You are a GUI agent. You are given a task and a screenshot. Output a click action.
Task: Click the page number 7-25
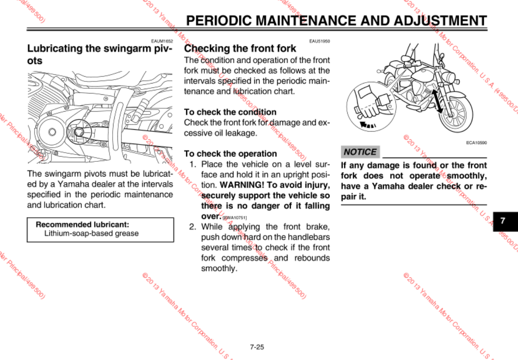click(257, 347)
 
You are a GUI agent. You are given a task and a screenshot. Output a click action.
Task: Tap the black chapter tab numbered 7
click(502, 221)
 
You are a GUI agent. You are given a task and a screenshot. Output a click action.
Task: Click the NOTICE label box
click(360, 152)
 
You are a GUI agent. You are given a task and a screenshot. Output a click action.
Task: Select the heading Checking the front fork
click(240, 48)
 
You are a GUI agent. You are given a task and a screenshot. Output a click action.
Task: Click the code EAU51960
click(320, 41)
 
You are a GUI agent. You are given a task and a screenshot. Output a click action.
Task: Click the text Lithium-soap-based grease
click(91, 234)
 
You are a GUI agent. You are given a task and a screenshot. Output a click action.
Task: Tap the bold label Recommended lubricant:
click(83, 225)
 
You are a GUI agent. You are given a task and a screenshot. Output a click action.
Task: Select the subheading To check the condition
click(230, 112)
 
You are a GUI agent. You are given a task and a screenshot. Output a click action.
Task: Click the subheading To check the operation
click(230, 154)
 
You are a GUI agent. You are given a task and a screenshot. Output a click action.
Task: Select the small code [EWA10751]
click(235, 217)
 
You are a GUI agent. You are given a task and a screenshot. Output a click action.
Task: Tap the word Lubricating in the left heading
click(55, 48)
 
